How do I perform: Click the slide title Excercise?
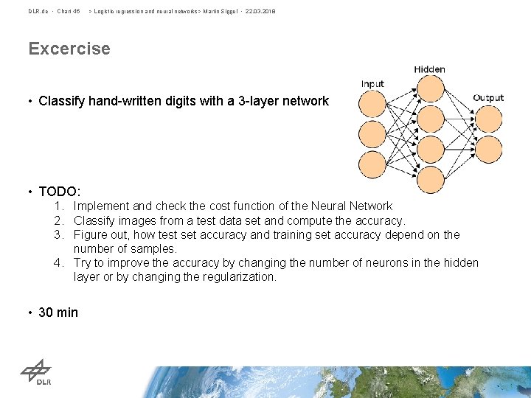tap(69, 49)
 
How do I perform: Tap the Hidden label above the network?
tap(429, 69)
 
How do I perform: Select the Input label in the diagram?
tap(372, 84)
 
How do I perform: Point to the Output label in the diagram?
tap(488, 97)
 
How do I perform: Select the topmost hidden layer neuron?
tap(429, 91)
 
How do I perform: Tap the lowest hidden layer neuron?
tap(429, 178)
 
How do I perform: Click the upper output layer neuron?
tap(487, 119)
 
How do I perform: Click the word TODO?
tap(59, 192)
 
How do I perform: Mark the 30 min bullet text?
tap(58, 313)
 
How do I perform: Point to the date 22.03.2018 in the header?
tap(259, 11)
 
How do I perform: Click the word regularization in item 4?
tap(240, 277)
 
